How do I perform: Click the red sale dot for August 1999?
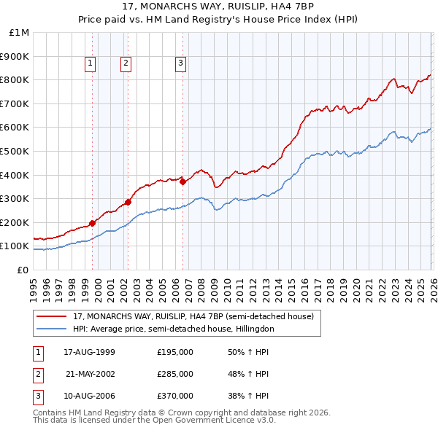click(x=93, y=223)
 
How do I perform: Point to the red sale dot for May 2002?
click(x=128, y=202)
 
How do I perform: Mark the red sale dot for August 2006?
click(x=182, y=181)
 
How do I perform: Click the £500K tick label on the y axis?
click(x=15, y=151)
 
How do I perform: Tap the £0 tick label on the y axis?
click(x=23, y=270)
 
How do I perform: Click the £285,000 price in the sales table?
click(x=175, y=374)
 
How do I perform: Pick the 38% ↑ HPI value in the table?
click(x=248, y=397)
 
